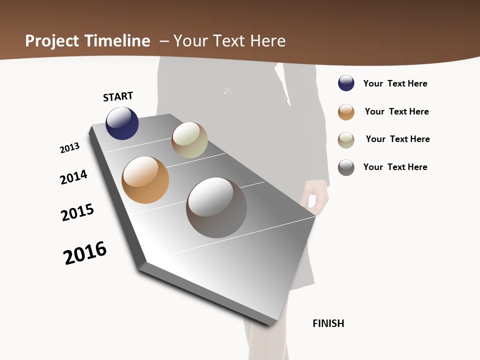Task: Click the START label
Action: tap(118, 96)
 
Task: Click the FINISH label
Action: tap(328, 323)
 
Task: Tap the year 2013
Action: tap(69, 148)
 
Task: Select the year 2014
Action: tap(73, 177)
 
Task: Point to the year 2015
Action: tap(77, 212)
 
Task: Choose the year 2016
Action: tap(85, 253)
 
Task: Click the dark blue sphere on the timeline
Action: tap(122, 123)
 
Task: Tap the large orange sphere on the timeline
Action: tap(145, 180)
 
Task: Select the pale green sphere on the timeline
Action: tap(189, 140)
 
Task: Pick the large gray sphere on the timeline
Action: tap(216, 207)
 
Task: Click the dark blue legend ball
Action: tap(346, 83)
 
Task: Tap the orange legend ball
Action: tap(346, 112)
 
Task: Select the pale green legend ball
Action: tap(346, 140)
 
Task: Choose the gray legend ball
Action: tap(346, 167)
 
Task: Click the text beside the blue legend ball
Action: tap(395, 83)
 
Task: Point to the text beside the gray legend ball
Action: tap(395, 167)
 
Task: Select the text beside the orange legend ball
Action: tap(396, 111)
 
